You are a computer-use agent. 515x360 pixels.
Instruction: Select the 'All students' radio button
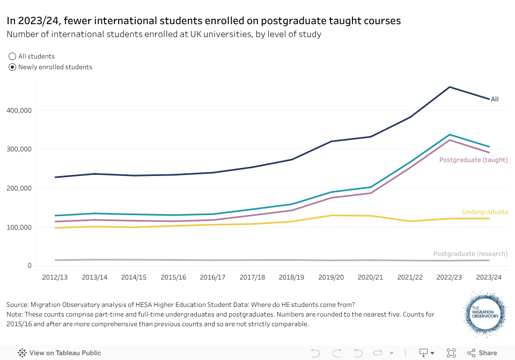[13, 56]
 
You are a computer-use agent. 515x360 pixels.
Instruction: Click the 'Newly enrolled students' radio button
[13, 67]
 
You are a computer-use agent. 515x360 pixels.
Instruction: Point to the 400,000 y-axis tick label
[19, 110]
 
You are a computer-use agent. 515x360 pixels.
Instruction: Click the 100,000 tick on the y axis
[19, 227]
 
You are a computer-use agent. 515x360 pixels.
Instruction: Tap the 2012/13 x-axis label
[55, 277]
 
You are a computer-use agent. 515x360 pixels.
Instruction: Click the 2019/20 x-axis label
[331, 277]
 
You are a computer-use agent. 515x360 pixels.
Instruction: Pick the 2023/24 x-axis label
[489, 277]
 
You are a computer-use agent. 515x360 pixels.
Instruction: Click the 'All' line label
[495, 99]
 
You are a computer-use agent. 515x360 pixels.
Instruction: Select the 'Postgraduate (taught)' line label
[473, 160]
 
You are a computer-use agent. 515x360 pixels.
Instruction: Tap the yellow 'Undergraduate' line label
[484, 212]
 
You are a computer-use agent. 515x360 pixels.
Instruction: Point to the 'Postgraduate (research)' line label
[470, 253]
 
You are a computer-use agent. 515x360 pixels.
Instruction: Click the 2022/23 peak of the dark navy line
[450, 87]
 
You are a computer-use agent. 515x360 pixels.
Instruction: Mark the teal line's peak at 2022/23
[450, 135]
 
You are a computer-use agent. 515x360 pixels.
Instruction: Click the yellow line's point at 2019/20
[331, 215]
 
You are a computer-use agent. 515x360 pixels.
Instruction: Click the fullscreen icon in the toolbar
[451, 352]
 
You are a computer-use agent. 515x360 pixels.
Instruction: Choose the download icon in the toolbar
[423, 352]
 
